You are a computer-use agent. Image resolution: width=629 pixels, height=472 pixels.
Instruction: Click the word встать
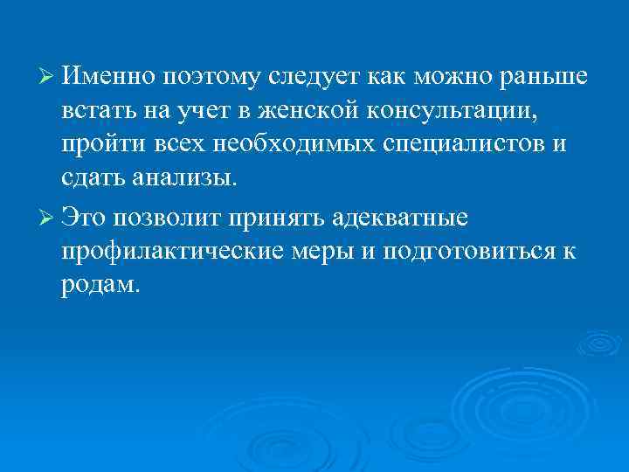click(96, 113)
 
